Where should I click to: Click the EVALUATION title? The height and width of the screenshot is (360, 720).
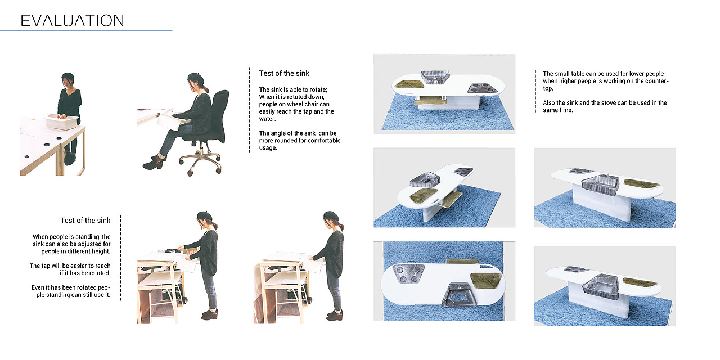pos(73,21)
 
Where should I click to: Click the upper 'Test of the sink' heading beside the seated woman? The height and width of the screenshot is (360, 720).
pos(284,73)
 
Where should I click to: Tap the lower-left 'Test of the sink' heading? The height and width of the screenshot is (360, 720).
pos(85,220)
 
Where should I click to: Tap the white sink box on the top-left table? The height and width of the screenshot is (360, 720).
pos(62,121)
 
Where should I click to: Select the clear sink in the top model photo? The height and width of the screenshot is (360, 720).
pos(435,77)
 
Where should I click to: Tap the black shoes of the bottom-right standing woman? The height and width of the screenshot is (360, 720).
pos(335,315)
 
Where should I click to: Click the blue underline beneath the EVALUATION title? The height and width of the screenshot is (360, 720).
pos(86,30)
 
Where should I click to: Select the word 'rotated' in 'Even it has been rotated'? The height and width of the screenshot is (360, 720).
pos(87,287)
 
